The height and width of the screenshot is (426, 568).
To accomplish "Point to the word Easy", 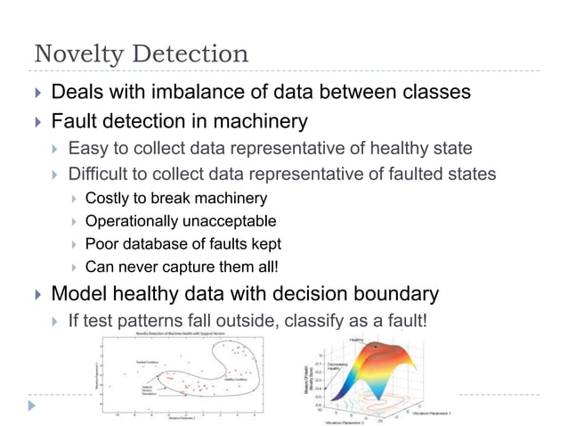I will pos(86,147).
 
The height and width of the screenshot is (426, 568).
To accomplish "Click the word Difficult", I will pos(100,173).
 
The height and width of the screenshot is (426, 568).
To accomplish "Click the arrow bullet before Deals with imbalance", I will pos(36,92).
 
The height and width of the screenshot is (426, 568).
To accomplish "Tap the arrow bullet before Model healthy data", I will pos(36,294).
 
